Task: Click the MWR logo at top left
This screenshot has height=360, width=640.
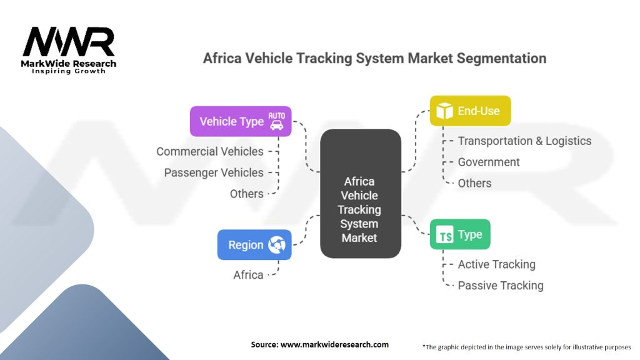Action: [x=69, y=44]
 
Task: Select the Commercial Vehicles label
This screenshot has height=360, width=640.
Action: [x=210, y=151]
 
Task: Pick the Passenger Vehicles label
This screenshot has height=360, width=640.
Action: [x=214, y=172]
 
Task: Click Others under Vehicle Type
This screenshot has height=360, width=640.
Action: [x=246, y=194]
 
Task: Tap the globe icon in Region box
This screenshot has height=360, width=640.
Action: [x=276, y=245]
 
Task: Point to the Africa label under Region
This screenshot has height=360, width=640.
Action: [x=248, y=274]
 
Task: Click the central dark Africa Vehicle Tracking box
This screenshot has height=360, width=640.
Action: [x=360, y=194]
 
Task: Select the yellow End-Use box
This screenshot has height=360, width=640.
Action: [x=470, y=111]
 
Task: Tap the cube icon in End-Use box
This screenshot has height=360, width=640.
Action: [x=444, y=111]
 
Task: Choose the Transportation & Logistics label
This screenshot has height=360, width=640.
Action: [x=524, y=141]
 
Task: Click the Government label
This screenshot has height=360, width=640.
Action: [x=489, y=162]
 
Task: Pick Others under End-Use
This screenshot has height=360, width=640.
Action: [x=474, y=183]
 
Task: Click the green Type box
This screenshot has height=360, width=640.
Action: [x=460, y=234]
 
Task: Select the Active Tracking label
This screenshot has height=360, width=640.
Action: [x=496, y=264]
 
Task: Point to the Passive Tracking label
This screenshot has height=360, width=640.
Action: [x=501, y=286]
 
